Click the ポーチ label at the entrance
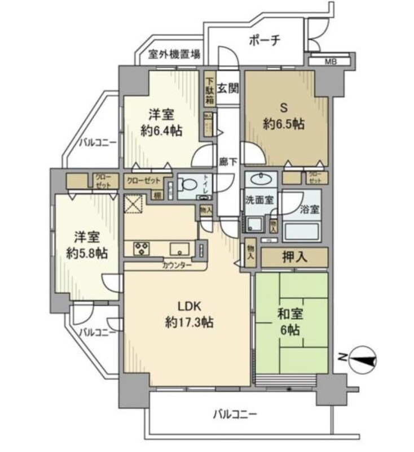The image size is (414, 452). coord(264,41)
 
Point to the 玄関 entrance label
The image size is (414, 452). coord(229,88)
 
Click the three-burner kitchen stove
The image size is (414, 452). coord(142,248)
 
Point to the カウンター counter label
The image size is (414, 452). coord(177,265)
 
